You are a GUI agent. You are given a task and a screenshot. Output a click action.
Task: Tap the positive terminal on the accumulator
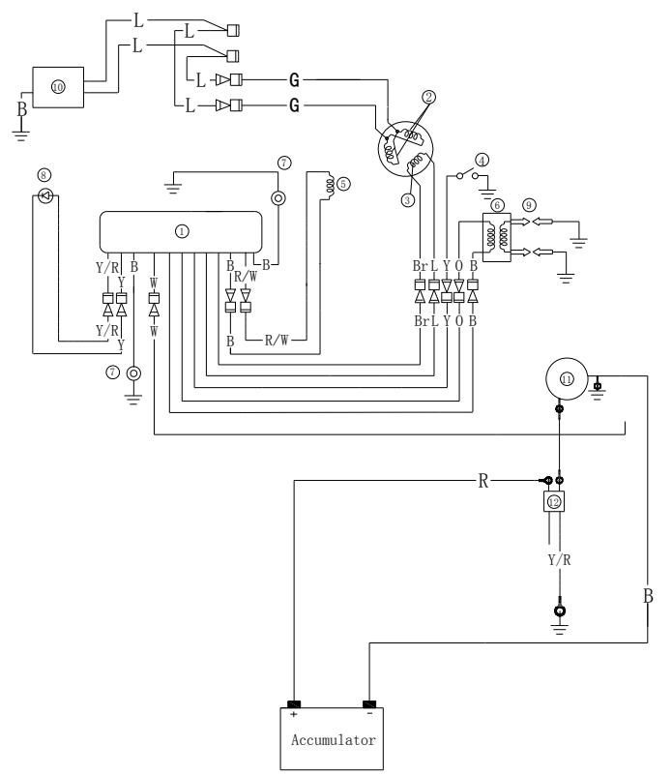[293, 703]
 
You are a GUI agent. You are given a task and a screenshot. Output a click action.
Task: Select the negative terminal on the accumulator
[369, 703]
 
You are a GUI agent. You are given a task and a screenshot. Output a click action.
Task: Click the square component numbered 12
[553, 502]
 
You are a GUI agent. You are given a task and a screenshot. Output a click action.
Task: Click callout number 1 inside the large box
[181, 231]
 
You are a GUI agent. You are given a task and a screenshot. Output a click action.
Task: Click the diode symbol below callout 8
[43, 196]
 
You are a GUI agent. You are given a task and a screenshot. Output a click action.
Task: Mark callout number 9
[527, 204]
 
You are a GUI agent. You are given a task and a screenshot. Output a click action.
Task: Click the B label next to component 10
[20, 98]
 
